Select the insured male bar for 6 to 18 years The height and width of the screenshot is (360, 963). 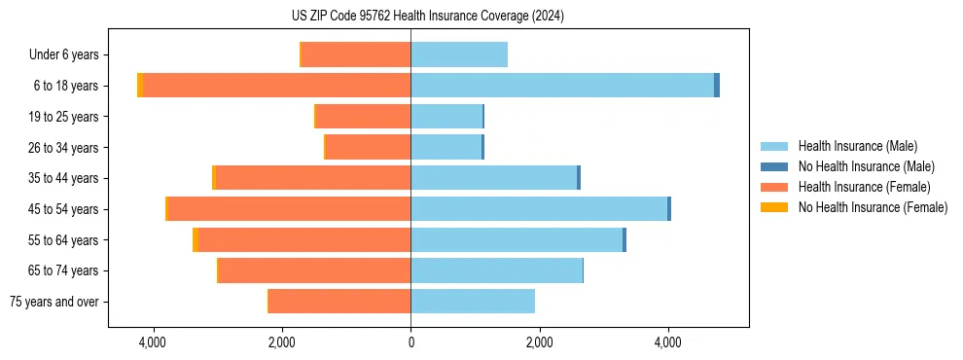tap(562, 86)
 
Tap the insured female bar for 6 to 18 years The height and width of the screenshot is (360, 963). tap(276, 86)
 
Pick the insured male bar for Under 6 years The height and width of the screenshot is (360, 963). tap(459, 54)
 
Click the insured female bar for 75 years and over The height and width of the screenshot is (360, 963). tap(339, 302)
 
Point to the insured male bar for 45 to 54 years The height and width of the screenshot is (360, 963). tap(539, 209)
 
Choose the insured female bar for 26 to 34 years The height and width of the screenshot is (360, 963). tap(368, 147)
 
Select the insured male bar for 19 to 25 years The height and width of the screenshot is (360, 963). tap(446, 117)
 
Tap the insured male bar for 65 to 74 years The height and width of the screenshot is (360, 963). tap(496, 270)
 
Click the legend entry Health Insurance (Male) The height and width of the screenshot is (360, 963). tap(857, 146)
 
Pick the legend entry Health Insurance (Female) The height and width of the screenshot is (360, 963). tap(864, 187)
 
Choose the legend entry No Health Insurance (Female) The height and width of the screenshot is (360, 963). tap(873, 207)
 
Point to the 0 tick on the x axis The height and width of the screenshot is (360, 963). tap(410, 342)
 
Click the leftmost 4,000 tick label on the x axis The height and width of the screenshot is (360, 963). tap(153, 342)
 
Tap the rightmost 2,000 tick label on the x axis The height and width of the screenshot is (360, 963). tap(539, 342)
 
